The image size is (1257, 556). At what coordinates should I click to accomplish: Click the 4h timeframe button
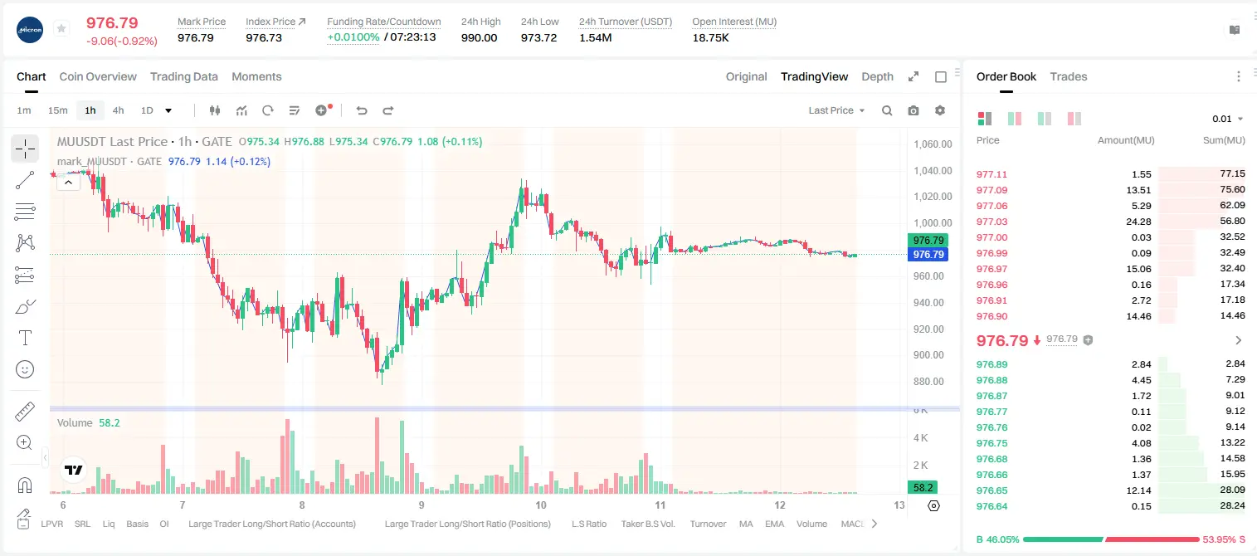(x=118, y=110)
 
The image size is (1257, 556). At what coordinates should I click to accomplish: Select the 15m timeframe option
(x=57, y=110)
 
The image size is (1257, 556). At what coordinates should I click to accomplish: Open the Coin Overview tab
(x=98, y=76)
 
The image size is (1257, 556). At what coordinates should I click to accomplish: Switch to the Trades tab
(x=1068, y=76)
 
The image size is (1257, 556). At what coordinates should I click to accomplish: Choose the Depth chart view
(x=877, y=76)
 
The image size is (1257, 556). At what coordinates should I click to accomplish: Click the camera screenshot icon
(x=913, y=110)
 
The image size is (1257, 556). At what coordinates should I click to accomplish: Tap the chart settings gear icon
(x=940, y=110)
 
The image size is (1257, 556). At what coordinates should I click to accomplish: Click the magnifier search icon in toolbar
(x=887, y=110)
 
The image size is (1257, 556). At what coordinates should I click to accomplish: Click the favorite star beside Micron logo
(x=61, y=28)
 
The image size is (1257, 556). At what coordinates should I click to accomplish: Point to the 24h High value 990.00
(x=479, y=37)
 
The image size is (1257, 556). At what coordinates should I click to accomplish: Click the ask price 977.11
(x=991, y=174)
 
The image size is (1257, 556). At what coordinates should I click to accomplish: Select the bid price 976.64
(x=991, y=506)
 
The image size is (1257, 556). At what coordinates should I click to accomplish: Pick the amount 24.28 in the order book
(x=1138, y=222)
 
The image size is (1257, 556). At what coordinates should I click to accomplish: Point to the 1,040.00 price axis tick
(x=933, y=171)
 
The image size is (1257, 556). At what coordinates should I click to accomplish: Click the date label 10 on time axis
(x=540, y=505)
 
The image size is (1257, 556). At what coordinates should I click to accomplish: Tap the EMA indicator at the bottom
(x=774, y=524)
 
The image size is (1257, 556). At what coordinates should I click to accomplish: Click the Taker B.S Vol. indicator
(x=647, y=524)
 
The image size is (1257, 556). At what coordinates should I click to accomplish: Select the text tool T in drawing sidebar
(x=25, y=338)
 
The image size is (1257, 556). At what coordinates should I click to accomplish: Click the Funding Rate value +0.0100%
(x=353, y=37)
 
